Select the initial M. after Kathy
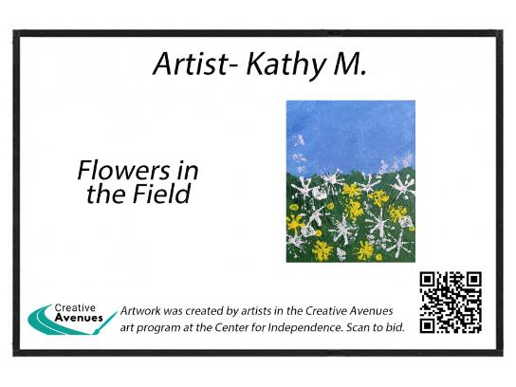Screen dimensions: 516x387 pos(350,64)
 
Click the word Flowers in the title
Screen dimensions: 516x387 pos(123,170)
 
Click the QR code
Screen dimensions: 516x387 pos(451,302)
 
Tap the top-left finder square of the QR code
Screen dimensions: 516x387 pos(427,280)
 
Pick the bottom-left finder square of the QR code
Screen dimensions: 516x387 pos(427,325)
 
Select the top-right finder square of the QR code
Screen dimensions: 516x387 pos(474,280)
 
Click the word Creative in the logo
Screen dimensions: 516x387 pos(75,307)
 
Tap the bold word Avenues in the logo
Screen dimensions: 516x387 pos(79,318)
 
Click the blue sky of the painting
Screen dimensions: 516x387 pos(350,132)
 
